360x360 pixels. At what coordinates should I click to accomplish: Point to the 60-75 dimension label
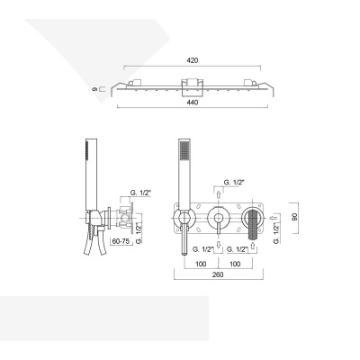pyautogui.click(x=121, y=242)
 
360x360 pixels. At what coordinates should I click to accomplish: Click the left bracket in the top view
pyautogui.click(x=135, y=83)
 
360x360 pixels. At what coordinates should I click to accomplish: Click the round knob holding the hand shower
pyautogui.click(x=184, y=218)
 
